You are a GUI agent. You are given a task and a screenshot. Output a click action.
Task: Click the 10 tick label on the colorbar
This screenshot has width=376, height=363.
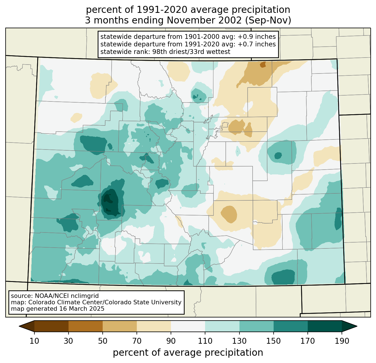34,341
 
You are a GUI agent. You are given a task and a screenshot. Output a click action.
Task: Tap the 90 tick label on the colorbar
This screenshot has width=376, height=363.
171,341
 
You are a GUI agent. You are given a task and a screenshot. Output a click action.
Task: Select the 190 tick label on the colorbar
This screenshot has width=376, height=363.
342,341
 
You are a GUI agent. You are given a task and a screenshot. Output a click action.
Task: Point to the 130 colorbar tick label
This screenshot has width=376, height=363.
239,341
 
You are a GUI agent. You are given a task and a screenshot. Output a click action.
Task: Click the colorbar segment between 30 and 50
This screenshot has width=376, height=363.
86,326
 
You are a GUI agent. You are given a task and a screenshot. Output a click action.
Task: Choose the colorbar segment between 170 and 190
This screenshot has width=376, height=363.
325,326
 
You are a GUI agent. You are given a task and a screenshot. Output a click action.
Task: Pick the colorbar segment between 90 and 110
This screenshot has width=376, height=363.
188,326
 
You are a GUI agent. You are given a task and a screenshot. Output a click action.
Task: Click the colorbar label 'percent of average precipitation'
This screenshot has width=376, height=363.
188,353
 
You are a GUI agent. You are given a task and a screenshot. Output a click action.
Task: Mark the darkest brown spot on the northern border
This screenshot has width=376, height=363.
263,65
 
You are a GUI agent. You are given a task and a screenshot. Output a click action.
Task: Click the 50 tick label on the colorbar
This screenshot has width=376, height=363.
103,341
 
